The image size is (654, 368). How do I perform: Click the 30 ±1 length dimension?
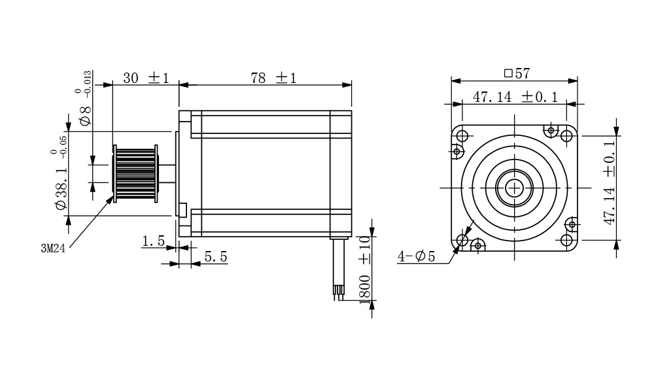point(146,78)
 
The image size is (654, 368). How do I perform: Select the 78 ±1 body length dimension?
point(273,78)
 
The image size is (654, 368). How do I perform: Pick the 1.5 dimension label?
point(153,241)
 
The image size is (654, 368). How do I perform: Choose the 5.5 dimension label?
point(215,257)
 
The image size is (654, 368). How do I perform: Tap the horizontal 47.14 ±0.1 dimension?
point(515,97)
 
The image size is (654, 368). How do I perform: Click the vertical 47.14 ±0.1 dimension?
point(610,183)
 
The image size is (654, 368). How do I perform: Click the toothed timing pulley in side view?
point(135,174)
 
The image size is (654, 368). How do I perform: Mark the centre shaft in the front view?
point(515,188)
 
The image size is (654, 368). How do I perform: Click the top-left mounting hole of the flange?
point(462,136)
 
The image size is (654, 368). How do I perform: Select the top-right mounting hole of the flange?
point(566,136)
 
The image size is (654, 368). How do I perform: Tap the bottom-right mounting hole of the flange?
point(566,241)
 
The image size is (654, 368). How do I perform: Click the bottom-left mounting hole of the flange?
point(462,241)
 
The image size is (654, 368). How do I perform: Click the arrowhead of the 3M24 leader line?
point(111,201)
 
